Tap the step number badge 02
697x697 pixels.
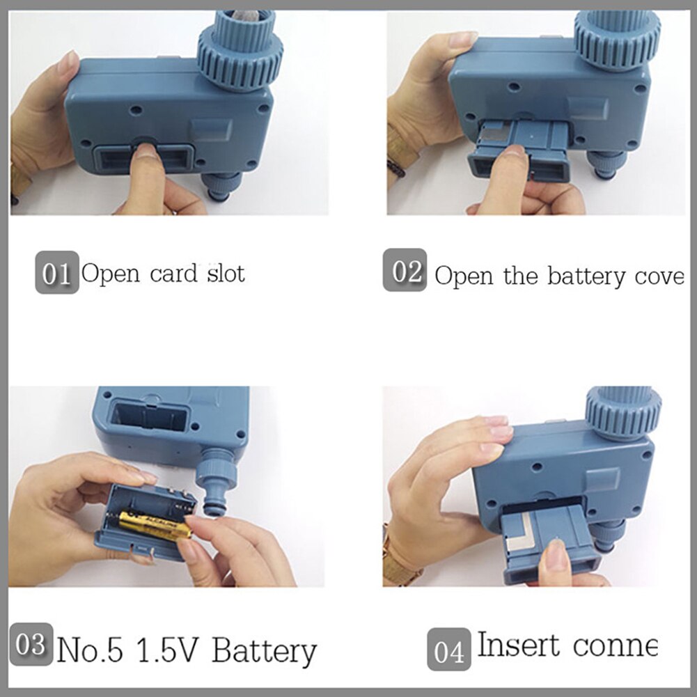(405, 272)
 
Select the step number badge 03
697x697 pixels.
(31, 645)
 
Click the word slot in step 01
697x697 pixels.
(226, 273)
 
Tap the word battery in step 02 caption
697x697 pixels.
(586, 276)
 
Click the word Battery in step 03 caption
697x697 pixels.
(264, 652)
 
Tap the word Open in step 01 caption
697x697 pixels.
(110, 273)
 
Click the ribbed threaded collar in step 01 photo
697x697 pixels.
(241, 63)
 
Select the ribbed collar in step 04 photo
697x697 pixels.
(622, 412)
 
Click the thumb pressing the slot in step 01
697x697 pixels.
(148, 167)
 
